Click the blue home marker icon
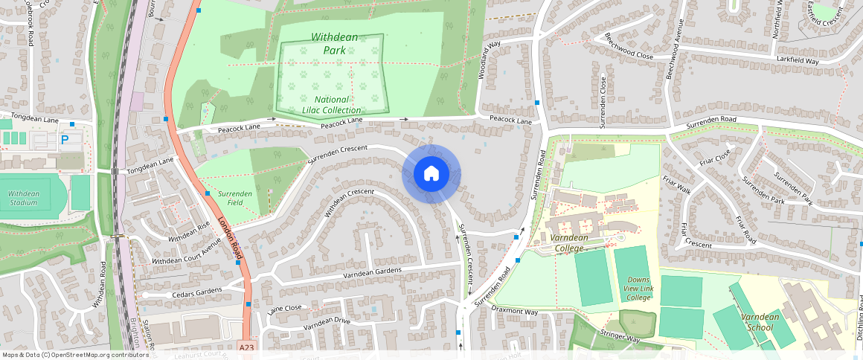tap(431, 174)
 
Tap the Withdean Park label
tap(333, 43)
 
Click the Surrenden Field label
tap(235, 198)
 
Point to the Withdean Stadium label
tap(24, 198)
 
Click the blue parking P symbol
tap(65, 138)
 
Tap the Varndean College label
tap(570, 242)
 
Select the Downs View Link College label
tap(638, 289)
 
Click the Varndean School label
tap(760, 322)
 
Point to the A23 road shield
tap(247, 347)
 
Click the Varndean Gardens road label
tap(372, 273)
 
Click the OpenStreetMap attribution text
tap(75, 355)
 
